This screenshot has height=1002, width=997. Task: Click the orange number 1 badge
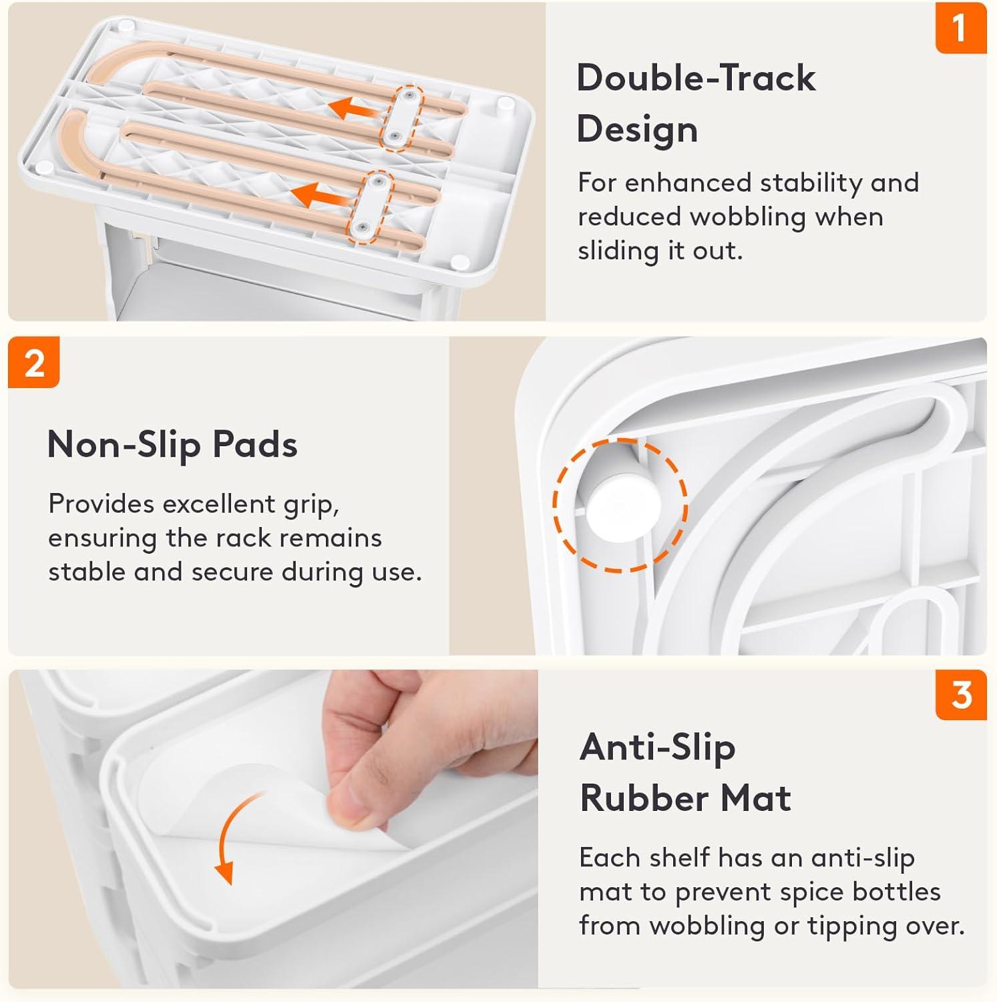tap(961, 27)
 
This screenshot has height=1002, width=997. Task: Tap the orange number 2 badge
tap(34, 363)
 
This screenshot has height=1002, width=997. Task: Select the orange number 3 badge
tap(961, 695)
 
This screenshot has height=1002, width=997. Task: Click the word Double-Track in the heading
tap(696, 77)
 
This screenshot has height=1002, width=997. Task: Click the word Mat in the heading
tap(757, 798)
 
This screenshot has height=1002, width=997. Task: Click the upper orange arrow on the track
tap(351, 106)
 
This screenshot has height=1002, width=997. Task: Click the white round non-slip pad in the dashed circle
tap(623, 506)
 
